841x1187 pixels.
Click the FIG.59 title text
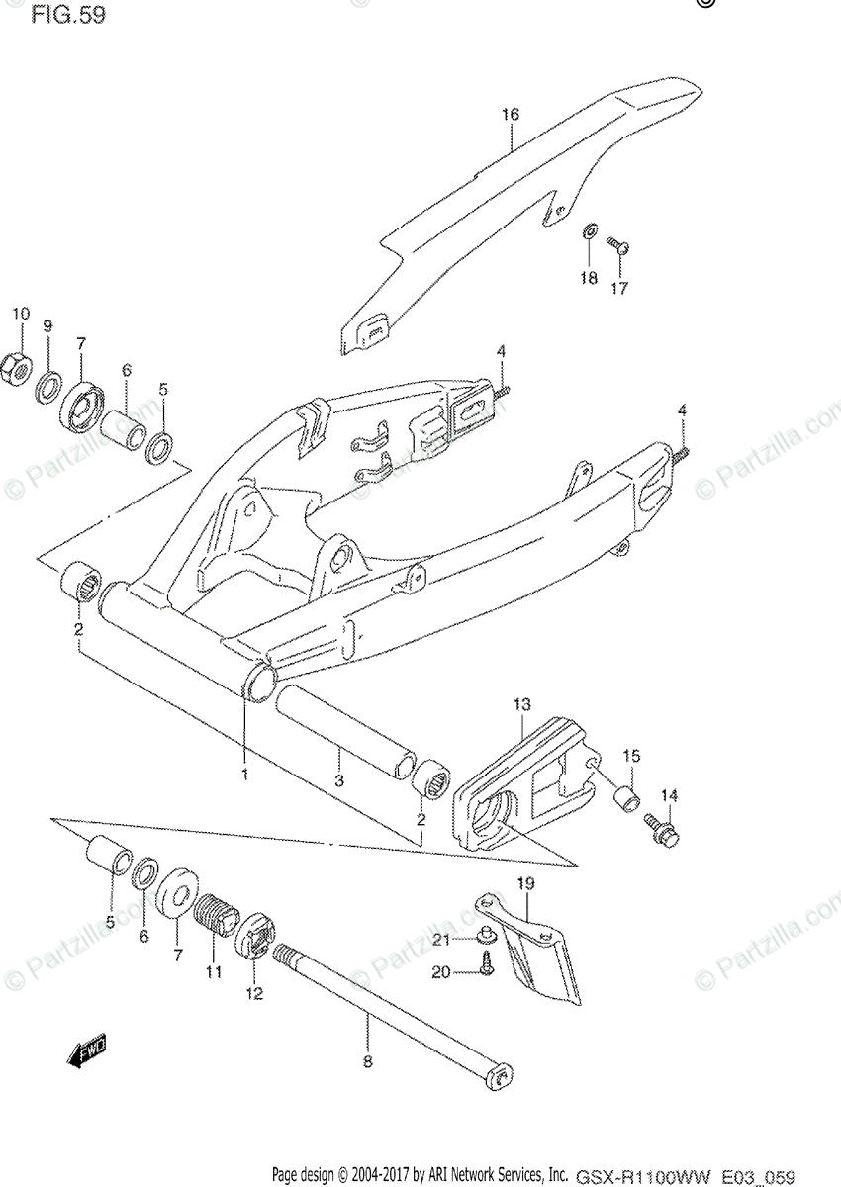(67, 16)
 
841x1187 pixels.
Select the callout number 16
(509, 115)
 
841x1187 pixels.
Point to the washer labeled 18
(589, 231)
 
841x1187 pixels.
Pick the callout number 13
(521, 704)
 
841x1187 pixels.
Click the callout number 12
(254, 993)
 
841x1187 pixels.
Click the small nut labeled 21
(488, 935)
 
